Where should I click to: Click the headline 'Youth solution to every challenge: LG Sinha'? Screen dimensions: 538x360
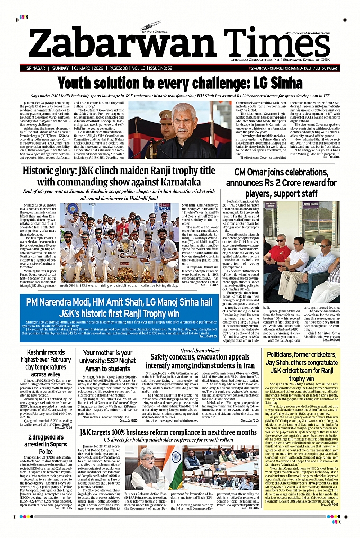click(179, 83)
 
